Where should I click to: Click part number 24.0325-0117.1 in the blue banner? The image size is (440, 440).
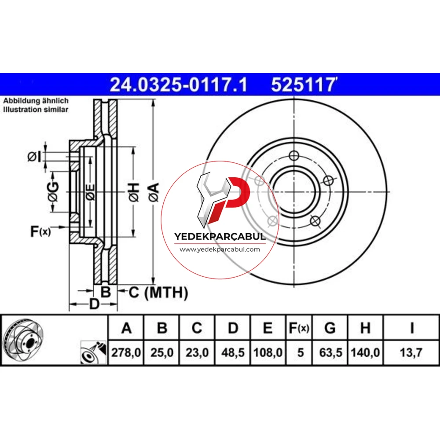179,85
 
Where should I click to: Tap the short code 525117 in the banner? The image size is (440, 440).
303,85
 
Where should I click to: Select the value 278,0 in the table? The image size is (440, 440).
126,352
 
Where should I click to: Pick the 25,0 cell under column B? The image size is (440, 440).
162,352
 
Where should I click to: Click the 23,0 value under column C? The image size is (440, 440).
197,352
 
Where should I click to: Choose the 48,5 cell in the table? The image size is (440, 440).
233,352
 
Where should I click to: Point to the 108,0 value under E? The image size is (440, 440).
268,352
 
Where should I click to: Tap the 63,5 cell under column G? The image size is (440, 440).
330,352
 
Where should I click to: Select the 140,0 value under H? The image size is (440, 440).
365,352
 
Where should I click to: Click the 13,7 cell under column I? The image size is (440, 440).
411,352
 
